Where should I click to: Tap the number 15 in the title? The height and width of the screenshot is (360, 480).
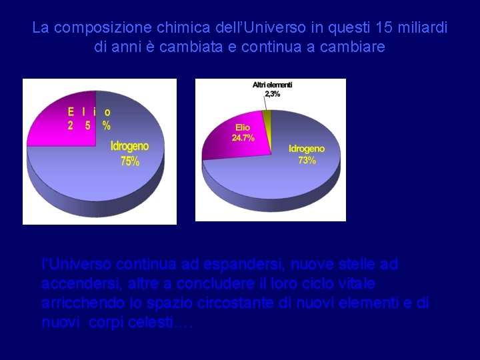click(385, 28)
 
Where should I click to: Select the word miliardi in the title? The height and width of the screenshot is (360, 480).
click(423, 28)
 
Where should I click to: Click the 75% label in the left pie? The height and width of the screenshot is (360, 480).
click(129, 161)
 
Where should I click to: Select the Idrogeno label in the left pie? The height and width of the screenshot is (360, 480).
click(129, 146)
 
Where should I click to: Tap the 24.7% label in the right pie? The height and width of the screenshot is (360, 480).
click(243, 137)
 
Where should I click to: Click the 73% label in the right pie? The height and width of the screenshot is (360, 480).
click(307, 160)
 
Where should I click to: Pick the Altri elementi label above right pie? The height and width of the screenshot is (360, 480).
click(272, 85)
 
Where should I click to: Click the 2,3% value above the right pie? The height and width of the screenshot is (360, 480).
click(272, 94)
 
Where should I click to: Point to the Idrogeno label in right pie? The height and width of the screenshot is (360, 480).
click(307, 149)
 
